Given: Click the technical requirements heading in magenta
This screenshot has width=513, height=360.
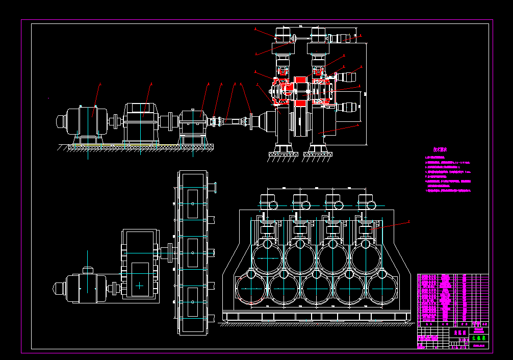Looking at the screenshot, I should pyautogui.click(x=440, y=150).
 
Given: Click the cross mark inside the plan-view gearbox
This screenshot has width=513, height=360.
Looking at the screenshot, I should pyautogui.click(x=140, y=286).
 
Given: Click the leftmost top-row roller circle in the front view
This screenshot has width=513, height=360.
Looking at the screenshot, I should pyautogui.click(x=266, y=257).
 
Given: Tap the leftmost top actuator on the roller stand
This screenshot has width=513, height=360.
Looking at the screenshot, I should pyautogui.click(x=268, y=201).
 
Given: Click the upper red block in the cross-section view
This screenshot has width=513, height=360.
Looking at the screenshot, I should pyautogui.click(x=299, y=81).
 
